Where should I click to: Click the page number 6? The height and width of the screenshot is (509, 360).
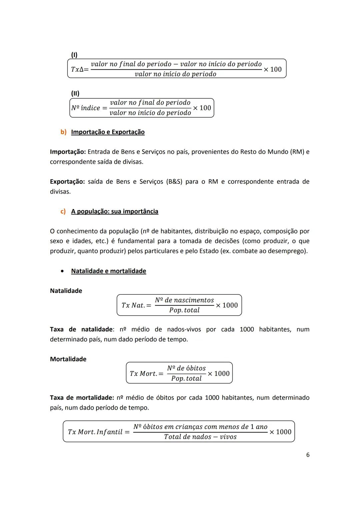308,455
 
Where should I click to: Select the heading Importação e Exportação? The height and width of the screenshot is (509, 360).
108,132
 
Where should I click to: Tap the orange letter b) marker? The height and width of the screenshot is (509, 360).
63,132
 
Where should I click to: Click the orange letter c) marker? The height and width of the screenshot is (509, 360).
63,211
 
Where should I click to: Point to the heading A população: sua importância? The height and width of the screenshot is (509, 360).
115,211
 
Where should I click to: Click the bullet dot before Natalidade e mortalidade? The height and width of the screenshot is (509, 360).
62,271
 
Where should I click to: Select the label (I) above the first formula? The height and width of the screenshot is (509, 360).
74,54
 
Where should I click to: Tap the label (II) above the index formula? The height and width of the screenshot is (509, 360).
75,93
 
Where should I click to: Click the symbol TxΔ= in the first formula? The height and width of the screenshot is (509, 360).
80,69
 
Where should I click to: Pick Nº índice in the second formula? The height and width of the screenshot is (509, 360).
86,108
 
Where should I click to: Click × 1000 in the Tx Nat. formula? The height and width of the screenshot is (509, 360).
227,305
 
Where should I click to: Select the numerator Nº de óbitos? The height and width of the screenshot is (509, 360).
186,368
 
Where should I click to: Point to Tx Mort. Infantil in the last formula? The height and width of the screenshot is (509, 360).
95,432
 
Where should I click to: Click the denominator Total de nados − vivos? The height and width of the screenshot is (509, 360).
200,437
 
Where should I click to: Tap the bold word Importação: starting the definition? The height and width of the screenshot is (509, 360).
68,152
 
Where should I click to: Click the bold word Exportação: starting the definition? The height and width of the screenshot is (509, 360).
67,182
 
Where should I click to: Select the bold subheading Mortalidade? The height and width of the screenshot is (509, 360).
68,359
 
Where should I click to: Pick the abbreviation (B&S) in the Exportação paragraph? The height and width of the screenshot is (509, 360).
174,182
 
